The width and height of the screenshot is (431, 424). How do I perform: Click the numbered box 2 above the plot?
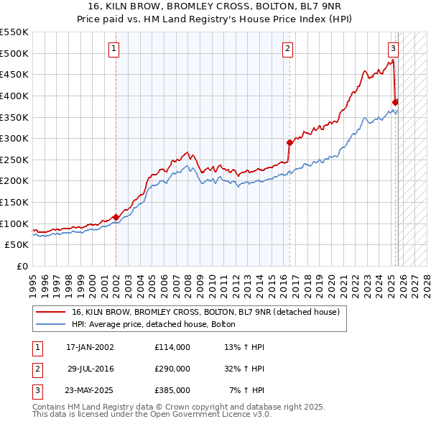tap(287, 49)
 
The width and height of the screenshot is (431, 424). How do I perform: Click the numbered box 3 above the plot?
tap(393, 49)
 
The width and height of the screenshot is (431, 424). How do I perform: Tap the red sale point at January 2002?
tap(116, 217)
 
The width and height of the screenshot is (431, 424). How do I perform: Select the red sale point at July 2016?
tap(289, 142)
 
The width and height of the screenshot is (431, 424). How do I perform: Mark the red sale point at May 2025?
tap(395, 101)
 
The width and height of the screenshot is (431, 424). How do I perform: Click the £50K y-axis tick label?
tap(16, 244)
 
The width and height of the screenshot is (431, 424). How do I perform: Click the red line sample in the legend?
tap(50, 313)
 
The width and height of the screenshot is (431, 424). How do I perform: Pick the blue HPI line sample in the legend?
tap(50, 325)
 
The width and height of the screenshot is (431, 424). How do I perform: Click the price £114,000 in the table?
tap(172, 347)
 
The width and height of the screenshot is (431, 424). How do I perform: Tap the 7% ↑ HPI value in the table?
tap(246, 390)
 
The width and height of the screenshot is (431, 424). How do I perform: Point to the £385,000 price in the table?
tap(172, 390)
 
